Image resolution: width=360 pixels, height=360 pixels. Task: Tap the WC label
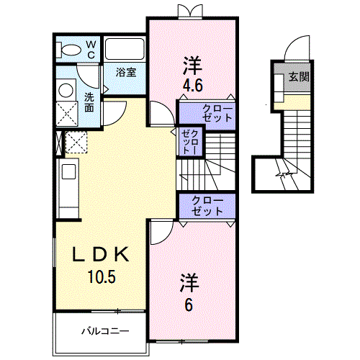91,50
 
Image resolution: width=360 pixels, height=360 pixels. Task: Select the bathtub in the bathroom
125,49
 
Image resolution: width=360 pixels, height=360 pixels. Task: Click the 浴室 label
126,72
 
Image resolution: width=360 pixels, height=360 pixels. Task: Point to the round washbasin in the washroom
66,90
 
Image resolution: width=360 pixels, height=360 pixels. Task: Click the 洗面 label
89,102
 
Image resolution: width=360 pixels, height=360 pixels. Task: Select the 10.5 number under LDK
102,276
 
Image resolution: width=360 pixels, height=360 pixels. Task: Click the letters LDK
101,254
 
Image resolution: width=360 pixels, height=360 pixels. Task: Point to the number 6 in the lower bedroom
189,305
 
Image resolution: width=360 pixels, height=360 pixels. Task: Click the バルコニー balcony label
105,331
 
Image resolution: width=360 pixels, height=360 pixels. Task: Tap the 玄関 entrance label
299,76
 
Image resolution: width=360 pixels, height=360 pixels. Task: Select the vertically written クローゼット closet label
190,142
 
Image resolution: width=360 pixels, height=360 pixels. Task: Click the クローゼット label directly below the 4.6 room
217,113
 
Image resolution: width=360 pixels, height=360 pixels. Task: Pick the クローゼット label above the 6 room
207,206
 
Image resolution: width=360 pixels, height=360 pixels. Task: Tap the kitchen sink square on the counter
69,171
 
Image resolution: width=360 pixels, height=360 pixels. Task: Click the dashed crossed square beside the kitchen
76,143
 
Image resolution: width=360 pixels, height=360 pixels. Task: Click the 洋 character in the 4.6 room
192,66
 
